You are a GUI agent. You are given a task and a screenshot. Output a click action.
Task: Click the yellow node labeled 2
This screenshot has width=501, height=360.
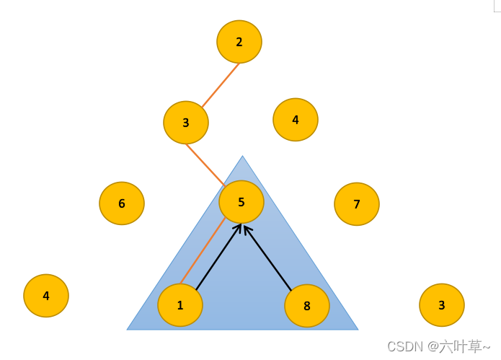pos(239,42)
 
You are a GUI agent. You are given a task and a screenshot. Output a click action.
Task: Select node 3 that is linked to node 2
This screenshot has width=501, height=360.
pos(186,123)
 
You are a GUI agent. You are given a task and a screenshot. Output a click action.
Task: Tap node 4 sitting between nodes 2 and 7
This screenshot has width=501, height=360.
pos(296,120)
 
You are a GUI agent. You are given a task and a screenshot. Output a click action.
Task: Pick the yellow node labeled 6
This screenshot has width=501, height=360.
pos(122,203)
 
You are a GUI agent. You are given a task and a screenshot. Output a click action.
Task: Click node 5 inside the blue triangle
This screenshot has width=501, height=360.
pos(241,202)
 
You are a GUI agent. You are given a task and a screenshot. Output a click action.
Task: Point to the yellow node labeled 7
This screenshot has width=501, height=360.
pos(357,204)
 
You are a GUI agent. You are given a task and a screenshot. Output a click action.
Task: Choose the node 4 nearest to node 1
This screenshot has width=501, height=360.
pos(46,296)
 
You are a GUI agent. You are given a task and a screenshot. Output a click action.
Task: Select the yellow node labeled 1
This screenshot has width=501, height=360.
pos(180,305)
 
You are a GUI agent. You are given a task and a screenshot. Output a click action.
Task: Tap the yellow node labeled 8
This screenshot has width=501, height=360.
pos(307,306)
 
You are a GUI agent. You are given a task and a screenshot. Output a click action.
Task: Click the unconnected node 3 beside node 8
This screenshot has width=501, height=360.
pos(442,305)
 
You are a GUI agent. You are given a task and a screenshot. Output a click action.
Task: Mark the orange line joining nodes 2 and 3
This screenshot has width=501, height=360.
pos(221,85)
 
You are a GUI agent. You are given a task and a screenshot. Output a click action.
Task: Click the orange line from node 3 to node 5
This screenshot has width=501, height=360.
pos(205,164)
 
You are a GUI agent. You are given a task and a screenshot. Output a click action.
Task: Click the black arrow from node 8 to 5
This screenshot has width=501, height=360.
pos(268,259)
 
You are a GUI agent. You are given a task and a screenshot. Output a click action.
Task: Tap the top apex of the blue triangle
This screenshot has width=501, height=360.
pos(242,157)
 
